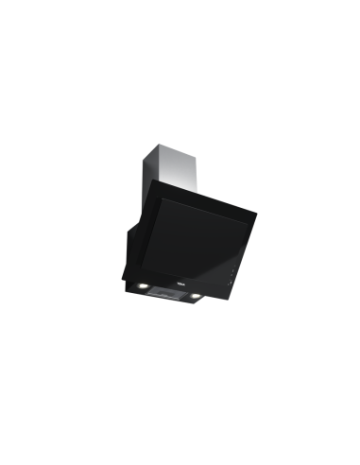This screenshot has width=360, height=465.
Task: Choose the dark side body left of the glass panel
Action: coord(132,236)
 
